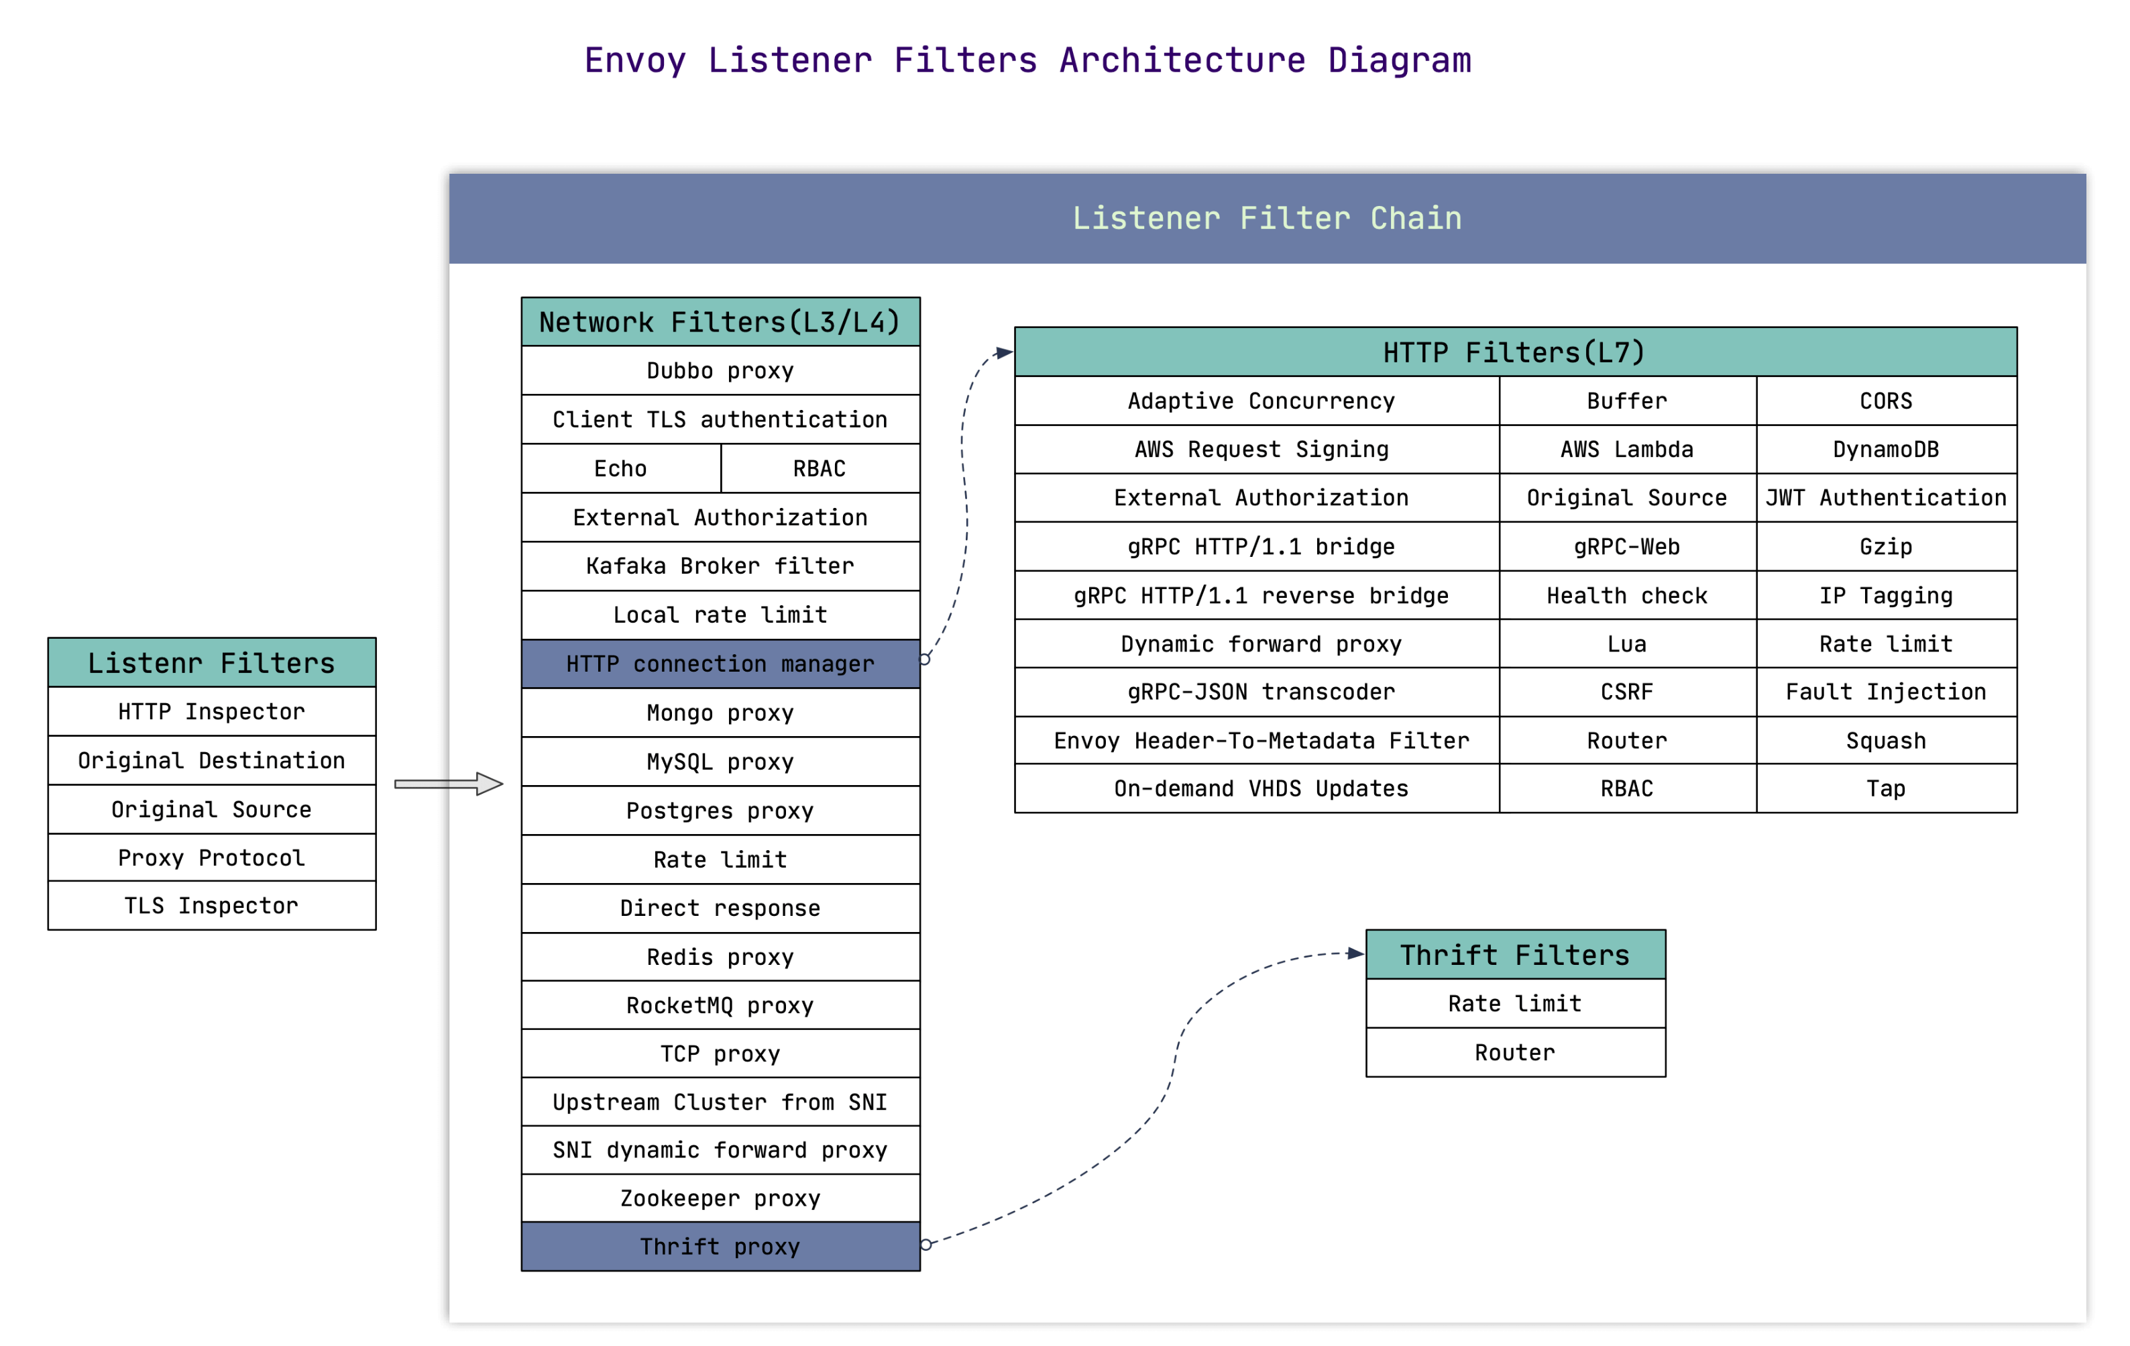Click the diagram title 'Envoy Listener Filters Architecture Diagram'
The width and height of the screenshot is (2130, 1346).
click(x=1027, y=60)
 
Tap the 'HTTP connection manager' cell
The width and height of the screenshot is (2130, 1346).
click(x=720, y=664)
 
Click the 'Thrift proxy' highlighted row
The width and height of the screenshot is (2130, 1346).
click(x=720, y=1246)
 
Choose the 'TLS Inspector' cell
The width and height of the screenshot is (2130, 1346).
click(x=211, y=905)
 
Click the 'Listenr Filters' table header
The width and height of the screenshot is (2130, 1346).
click(x=211, y=663)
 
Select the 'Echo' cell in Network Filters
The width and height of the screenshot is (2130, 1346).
click(x=620, y=468)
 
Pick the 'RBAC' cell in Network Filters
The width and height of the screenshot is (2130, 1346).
click(x=819, y=468)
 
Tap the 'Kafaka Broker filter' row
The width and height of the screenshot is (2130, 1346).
click(x=720, y=566)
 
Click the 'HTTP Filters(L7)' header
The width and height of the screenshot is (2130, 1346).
click(x=1514, y=352)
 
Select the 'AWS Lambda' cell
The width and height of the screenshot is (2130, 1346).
click(x=1627, y=450)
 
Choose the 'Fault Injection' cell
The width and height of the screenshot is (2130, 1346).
click(x=1886, y=692)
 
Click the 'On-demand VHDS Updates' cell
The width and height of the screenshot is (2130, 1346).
click(x=1260, y=788)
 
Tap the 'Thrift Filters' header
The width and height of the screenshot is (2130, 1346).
click(x=1514, y=955)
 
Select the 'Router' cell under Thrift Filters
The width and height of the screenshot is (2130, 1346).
click(x=1514, y=1052)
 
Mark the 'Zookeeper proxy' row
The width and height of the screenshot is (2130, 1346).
click(x=720, y=1198)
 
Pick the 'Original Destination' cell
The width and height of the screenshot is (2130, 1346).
click(x=211, y=760)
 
